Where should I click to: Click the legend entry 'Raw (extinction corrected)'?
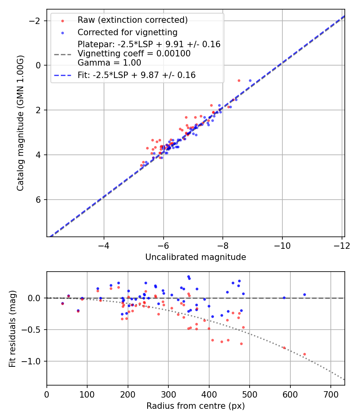[x=132, y=20]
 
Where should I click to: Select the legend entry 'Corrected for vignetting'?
[x=127, y=32]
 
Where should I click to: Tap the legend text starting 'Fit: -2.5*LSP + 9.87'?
[x=136, y=75]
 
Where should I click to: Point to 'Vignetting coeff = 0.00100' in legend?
[x=134, y=54]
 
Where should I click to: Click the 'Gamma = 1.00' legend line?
[x=109, y=63]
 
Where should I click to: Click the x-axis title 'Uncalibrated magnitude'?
[x=195, y=257]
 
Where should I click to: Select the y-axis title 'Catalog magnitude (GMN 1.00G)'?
[x=20, y=123]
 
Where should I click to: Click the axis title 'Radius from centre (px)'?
[x=195, y=406]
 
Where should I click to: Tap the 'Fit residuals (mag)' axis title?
[x=12, y=328]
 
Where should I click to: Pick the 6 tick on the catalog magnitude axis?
[x=39, y=200]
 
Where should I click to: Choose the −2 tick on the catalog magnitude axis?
[x=36, y=20]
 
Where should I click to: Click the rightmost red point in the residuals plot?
[x=304, y=354]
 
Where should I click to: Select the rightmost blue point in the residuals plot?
[x=304, y=294]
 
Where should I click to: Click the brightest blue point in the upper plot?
[x=250, y=80]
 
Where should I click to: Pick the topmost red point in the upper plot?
[x=239, y=80]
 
